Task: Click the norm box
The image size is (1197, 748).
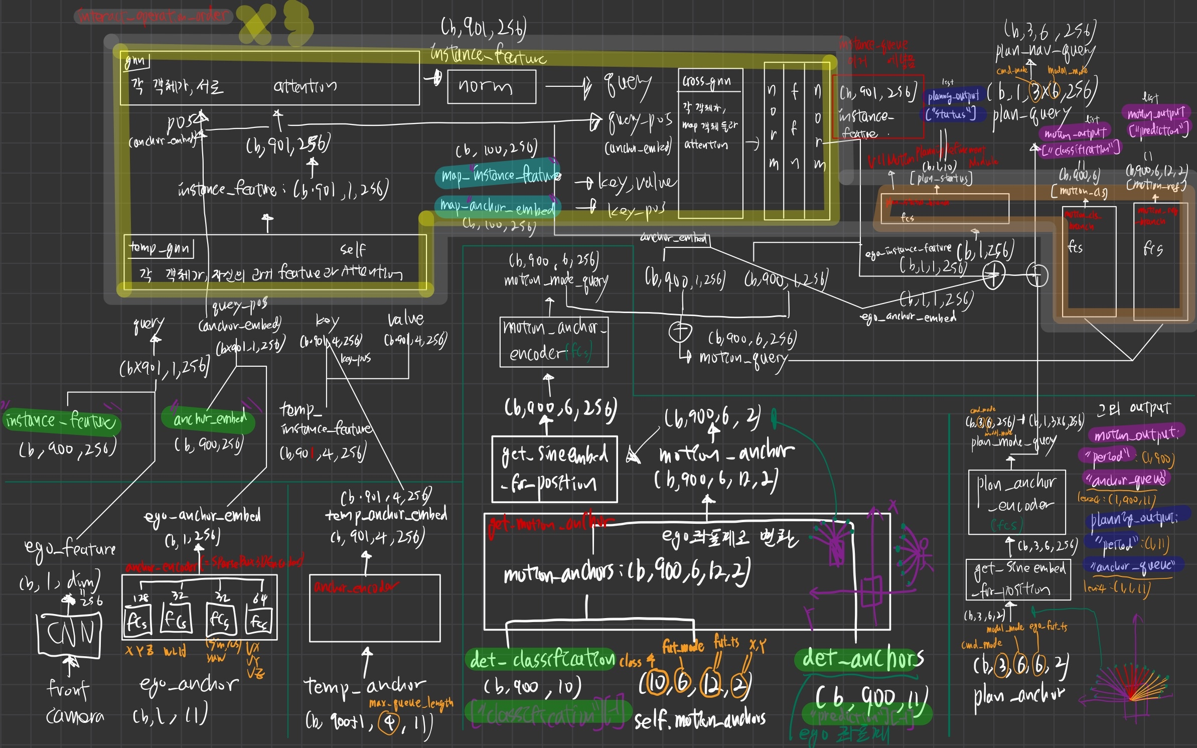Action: (491, 87)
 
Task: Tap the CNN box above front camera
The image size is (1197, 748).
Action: (70, 634)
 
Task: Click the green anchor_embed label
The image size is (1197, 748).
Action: (209, 418)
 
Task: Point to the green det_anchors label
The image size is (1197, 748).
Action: (861, 659)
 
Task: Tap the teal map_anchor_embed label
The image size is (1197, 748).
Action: (497, 206)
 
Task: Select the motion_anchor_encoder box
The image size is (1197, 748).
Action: (554, 342)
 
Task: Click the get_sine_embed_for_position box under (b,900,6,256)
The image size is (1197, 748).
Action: (554, 469)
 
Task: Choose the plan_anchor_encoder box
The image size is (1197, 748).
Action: (1016, 502)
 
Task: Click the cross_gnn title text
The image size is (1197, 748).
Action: (706, 81)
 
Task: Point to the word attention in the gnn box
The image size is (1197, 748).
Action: (305, 87)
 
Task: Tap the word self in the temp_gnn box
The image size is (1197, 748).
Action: (353, 249)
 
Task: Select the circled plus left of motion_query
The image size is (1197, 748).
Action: (680, 332)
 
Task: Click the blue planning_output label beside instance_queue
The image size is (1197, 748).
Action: (953, 96)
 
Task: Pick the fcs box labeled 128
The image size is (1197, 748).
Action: (136, 621)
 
